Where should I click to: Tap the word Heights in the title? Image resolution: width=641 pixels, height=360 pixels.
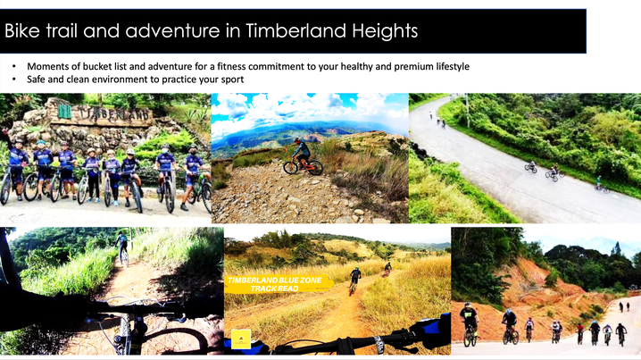(385, 31)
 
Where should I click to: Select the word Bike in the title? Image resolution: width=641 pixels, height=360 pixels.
(22, 30)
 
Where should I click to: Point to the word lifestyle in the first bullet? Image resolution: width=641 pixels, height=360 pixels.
(452, 67)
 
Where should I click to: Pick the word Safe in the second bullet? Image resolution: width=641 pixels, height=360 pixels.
(36, 80)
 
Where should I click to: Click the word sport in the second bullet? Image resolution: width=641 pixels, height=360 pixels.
(233, 80)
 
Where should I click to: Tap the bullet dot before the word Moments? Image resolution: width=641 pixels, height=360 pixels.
(14, 67)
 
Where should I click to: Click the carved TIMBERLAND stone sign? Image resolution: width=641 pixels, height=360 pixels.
(102, 113)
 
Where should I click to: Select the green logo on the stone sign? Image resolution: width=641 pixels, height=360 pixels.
(64, 112)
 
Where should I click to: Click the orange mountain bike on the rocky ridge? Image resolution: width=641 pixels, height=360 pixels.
(304, 165)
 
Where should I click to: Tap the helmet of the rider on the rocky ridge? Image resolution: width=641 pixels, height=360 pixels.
(297, 141)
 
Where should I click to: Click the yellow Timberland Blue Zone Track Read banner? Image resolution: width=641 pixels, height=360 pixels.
(278, 284)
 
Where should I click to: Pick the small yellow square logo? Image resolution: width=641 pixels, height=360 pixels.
(241, 339)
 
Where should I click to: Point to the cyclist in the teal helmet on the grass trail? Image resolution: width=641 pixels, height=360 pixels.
(354, 280)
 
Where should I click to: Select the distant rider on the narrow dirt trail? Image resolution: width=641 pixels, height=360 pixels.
(121, 247)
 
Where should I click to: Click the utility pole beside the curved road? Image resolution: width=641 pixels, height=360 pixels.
(467, 110)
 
